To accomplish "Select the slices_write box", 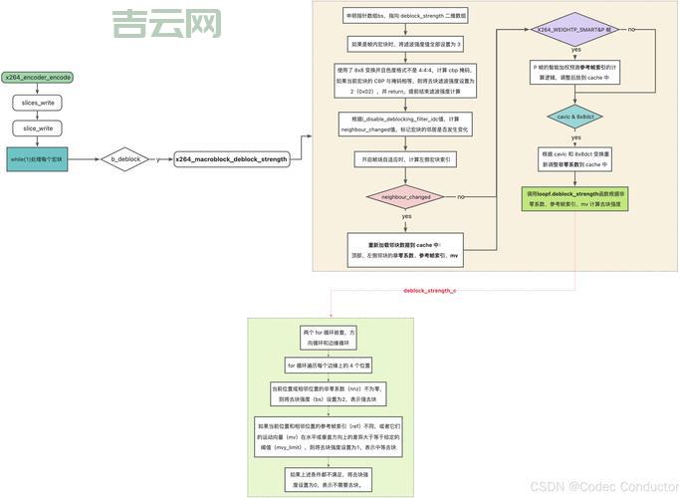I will (37, 102).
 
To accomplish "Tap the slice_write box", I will (37, 127).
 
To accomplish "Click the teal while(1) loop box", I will (37, 158).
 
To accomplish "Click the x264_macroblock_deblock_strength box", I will (231, 159).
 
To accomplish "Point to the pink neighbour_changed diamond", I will (406, 197).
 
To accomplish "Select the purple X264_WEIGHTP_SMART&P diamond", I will (576, 31).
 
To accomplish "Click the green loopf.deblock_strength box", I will (576, 196).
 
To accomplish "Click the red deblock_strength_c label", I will (429, 291).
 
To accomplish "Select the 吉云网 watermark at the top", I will (165, 24).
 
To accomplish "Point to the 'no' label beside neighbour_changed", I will (461, 197).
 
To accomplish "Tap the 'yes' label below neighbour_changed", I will (406, 217).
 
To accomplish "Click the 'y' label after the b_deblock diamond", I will (157, 158).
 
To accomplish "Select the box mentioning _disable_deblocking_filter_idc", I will (406, 124).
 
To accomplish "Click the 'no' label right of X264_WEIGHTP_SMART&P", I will (633, 31).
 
